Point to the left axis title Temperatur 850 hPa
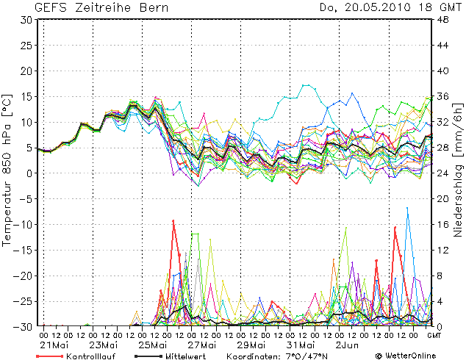(x=7, y=170)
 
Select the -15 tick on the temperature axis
(x=24, y=250)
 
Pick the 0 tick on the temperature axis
(x=29, y=173)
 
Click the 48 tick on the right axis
(x=443, y=20)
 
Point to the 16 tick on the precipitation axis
(x=443, y=224)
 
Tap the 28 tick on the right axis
(x=443, y=148)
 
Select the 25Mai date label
(x=151, y=345)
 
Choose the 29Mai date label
(x=250, y=345)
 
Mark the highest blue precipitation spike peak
(x=408, y=208)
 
